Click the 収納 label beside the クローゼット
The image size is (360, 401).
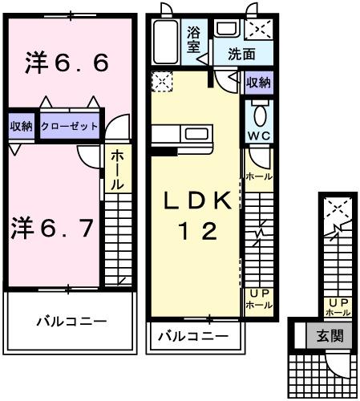tap(21, 126)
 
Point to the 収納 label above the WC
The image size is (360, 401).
tap(258, 82)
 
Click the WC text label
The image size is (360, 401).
tap(257, 135)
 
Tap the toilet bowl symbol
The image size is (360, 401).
tap(258, 111)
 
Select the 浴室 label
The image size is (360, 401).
tap(195, 40)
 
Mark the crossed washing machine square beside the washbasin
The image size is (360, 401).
tap(258, 30)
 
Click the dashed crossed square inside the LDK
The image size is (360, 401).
tap(161, 81)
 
